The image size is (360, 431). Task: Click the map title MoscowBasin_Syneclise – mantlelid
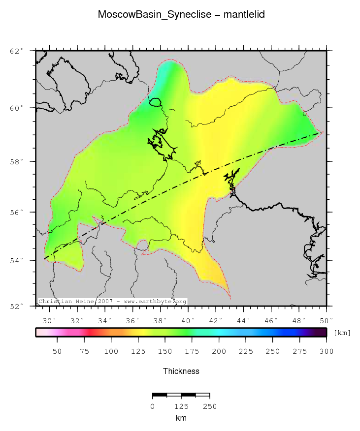(181, 15)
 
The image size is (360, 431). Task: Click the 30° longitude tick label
(48, 321)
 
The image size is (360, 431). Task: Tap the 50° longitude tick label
(327, 321)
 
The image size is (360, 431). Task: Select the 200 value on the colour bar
(219, 351)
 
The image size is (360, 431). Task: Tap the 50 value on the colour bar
(57, 351)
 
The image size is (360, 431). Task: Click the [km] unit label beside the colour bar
(342, 333)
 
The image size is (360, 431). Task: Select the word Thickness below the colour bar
(181, 371)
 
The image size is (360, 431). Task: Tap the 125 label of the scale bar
(181, 406)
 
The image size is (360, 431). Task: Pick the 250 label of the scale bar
(210, 406)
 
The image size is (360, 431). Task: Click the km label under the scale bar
(181, 418)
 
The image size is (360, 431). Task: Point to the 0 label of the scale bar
(153, 406)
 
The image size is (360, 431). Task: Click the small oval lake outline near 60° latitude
(156, 102)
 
